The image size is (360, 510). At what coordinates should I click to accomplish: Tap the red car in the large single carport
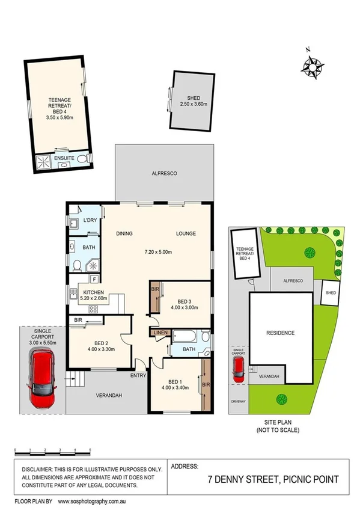(x=42, y=380)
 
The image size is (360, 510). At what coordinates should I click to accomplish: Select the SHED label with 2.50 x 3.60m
(x=193, y=101)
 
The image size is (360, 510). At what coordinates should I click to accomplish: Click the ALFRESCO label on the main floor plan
(x=163, y=173)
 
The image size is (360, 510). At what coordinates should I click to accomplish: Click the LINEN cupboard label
(x=160, y=333)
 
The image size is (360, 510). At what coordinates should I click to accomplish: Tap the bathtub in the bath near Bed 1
(x=188, y=335)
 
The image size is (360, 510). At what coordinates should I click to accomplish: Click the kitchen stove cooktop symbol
(x=94, y=309)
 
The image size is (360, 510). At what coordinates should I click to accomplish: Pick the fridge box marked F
(x=94, y=279)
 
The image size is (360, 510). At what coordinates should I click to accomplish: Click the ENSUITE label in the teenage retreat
(x=64, y=159)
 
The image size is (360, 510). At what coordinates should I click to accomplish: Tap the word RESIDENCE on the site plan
(x=280, y=333)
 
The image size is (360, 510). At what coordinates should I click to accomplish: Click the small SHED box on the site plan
(x=331, y=293)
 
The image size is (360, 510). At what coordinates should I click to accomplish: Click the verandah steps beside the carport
(x=75, y=379)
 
